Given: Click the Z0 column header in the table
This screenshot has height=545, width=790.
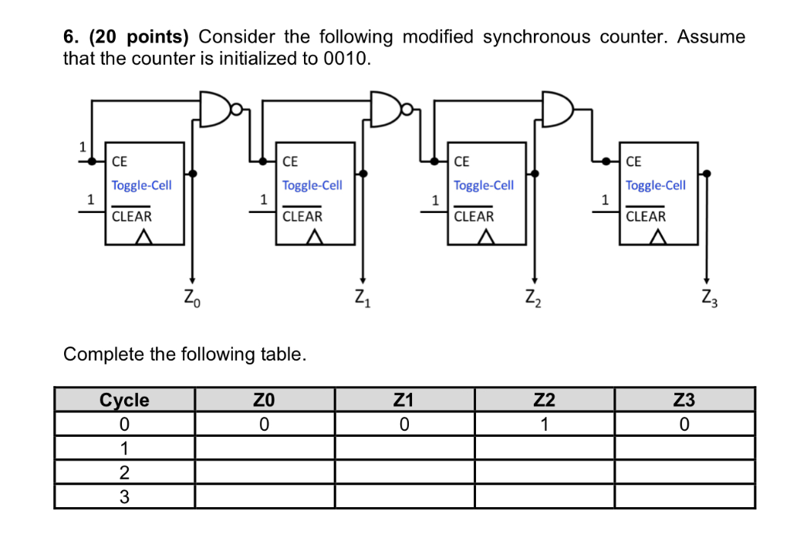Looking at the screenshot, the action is (x=265, y=400).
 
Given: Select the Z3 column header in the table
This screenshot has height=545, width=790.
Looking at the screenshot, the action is (x=684, y=400).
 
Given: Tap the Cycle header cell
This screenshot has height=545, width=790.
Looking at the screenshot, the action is (x=124, y=400).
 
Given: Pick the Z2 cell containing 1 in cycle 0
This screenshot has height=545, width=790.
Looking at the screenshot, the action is (x=544, y=424).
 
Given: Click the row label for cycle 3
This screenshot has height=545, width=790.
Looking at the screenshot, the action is (x=124, y=497).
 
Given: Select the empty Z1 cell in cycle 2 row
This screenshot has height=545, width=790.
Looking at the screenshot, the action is (x=404, y=472).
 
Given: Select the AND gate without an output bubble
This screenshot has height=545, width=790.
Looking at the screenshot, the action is (x=557, y=108).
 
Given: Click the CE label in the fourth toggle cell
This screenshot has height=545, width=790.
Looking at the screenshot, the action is (x=633, y=161).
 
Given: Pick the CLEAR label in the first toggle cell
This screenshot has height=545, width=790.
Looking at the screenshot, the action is (x=131, y=216).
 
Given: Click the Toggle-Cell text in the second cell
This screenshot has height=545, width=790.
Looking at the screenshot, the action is (x=312, y=185).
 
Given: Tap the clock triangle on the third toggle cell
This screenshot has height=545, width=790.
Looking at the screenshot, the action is (x=486, y=237).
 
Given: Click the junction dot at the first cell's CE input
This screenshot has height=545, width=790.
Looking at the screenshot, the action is (x=92, y=161).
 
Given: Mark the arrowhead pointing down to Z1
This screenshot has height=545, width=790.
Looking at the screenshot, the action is (x=363, y=280).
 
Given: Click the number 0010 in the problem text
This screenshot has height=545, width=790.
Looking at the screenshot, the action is (x=346, y=59).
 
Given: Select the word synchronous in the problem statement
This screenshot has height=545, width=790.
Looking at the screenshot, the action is (x=537, y=37).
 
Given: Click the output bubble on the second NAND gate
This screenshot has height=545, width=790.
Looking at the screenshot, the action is (x=407, y=108).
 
